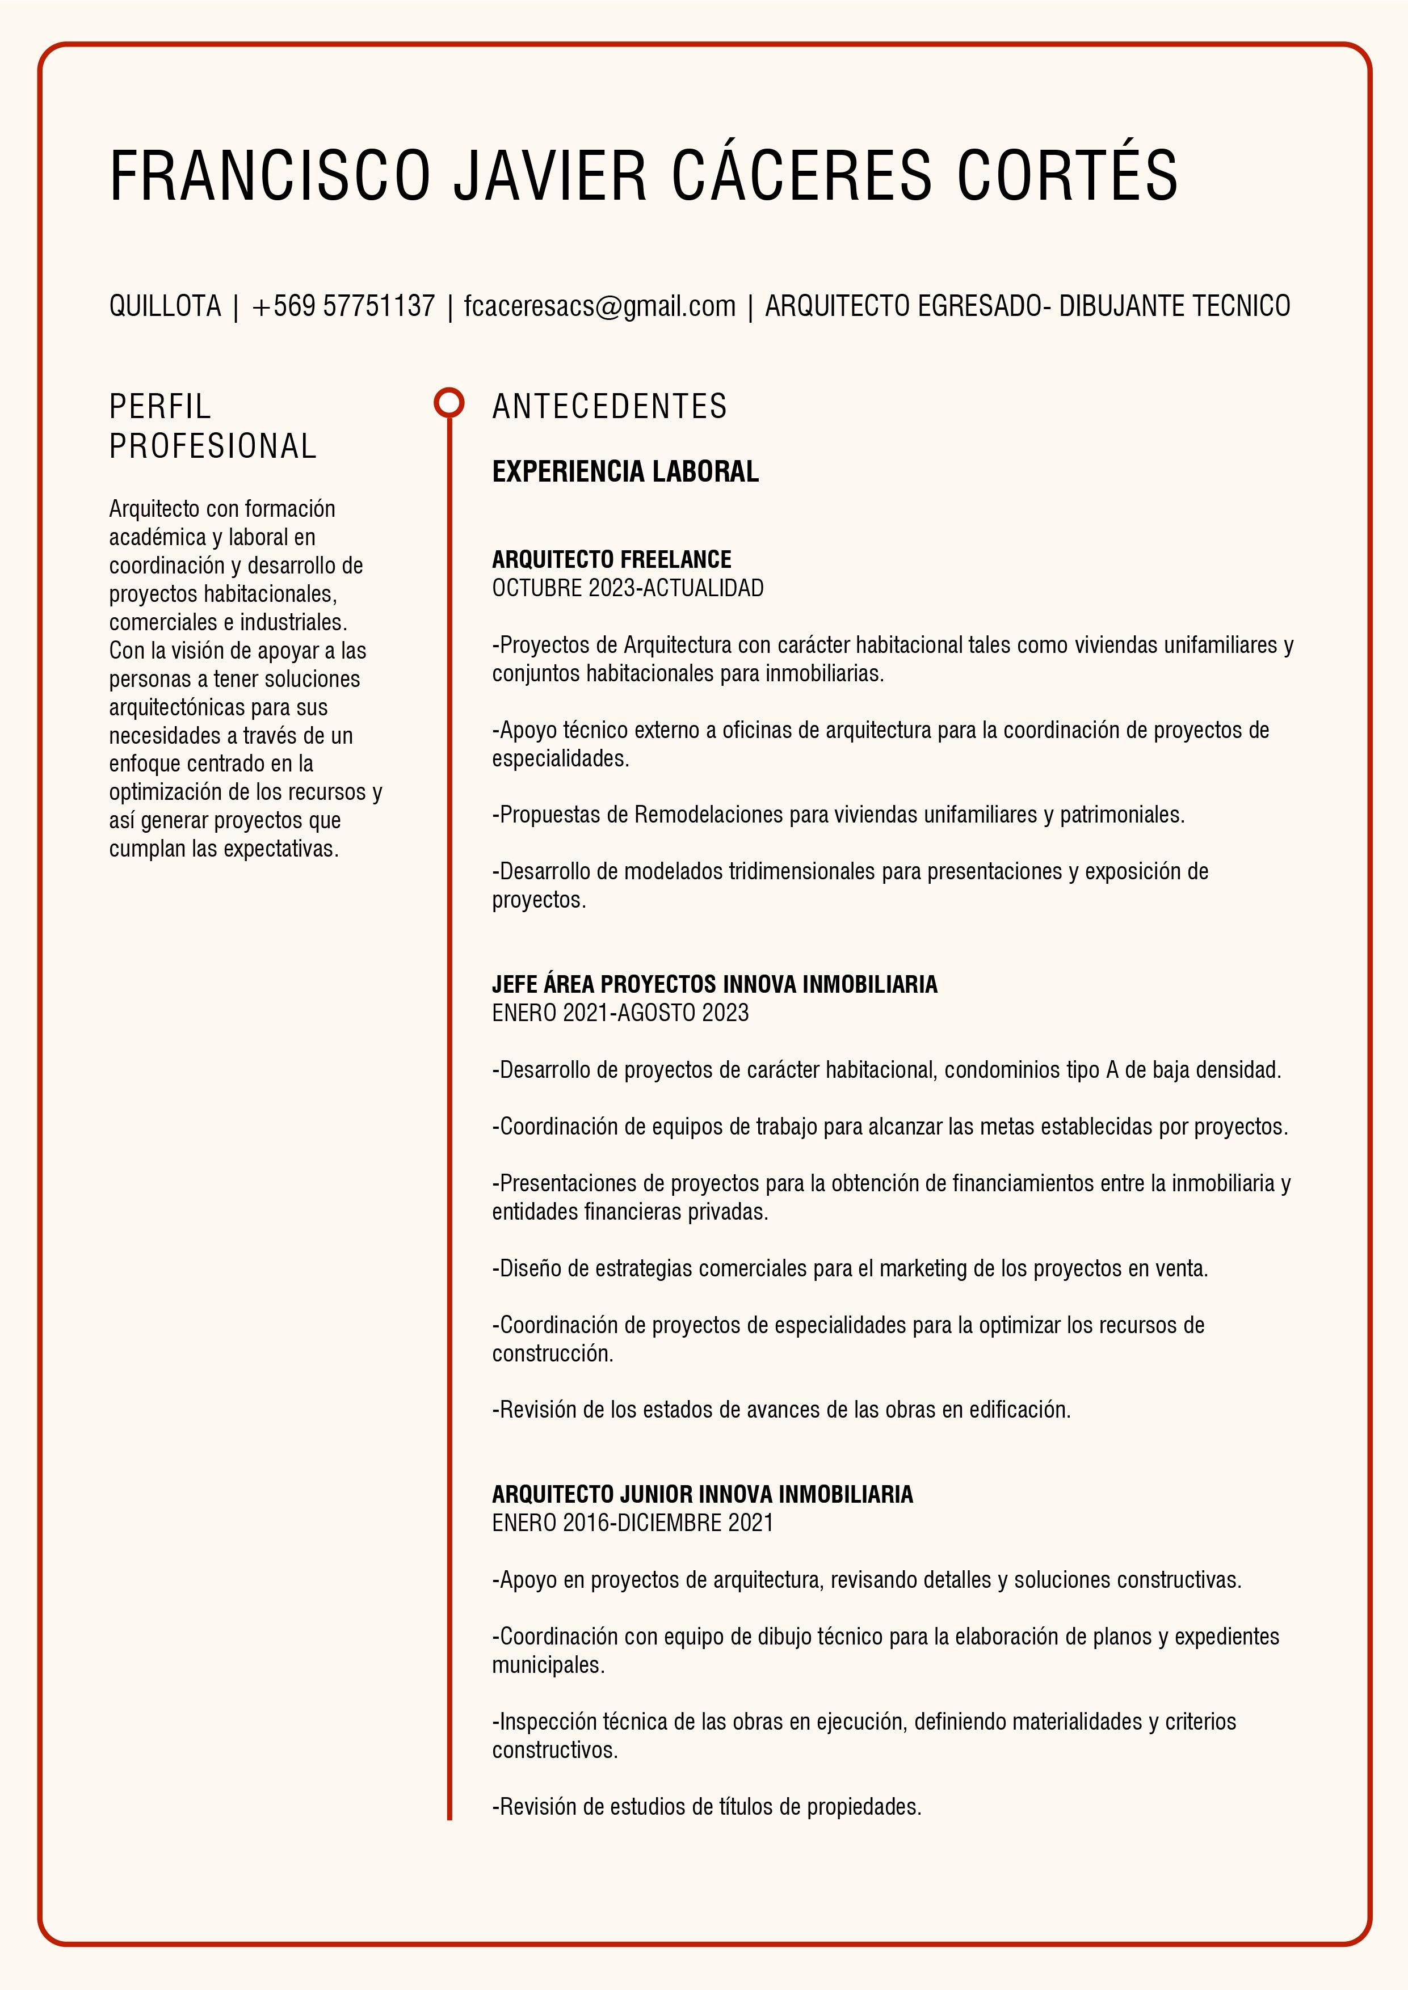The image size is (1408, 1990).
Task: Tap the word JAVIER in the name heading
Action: tap(550, 176)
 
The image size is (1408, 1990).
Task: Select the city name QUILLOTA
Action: tap(165, 306)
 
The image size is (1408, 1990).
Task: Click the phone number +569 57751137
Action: tap(343, 306)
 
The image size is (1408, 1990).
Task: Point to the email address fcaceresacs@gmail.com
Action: tap(599, 306)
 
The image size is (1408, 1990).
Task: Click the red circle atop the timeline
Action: tap(448, 403)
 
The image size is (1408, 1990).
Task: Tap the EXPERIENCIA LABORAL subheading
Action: tap(625, 471)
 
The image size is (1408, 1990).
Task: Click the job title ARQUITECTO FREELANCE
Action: tap(611, 559)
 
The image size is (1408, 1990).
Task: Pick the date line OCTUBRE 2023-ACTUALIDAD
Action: tap(628, 588)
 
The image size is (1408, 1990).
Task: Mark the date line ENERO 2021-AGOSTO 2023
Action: tap(620, 1013)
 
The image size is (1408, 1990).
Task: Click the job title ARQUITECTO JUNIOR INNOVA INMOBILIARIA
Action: tap(702, 1494)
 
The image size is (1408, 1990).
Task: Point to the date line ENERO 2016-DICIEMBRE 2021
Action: tap(632, 1522)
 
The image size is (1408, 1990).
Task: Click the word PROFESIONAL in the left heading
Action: tap(212, 446)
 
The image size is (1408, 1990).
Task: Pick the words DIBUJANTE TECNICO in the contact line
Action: tap(1174, 306)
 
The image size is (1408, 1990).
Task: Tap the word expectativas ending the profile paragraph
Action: tap(280, 849)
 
